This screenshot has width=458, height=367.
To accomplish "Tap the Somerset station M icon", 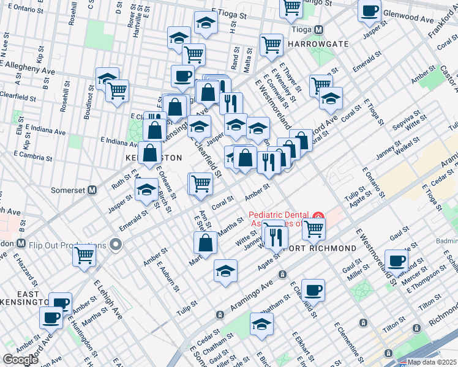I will pyautogui.click(x=92, y=190).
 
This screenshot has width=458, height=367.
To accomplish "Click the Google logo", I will pyautogui.click(x=20, y=360).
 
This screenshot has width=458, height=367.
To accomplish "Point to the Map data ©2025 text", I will pyautogui.click(x=432, y=362).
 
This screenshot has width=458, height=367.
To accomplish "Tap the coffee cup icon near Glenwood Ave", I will pyautogui.click(x=370, y=11).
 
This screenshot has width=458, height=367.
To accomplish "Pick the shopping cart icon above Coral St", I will pyautogui.click(x=200, y=183).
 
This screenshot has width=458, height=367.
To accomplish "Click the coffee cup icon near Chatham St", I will pyautogui.click(x=313, y=289).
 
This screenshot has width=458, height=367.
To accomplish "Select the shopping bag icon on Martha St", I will pyautogui.click(x=205, y=243).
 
